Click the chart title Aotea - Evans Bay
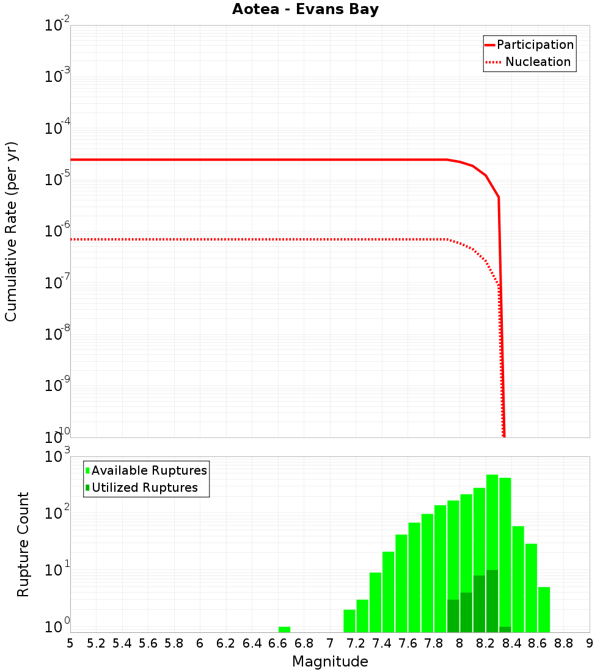coord(305,10)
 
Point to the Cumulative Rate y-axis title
coord(11,232)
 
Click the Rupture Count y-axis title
coord(23,544)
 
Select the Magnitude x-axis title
coord(330,662)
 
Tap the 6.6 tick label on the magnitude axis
coord(278,643)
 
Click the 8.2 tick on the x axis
coord(486,643)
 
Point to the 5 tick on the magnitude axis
coord(70,643)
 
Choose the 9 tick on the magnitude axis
coord(590,643)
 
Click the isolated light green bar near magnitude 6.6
coord(284,629)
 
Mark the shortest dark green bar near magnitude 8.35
coord(505,629)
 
